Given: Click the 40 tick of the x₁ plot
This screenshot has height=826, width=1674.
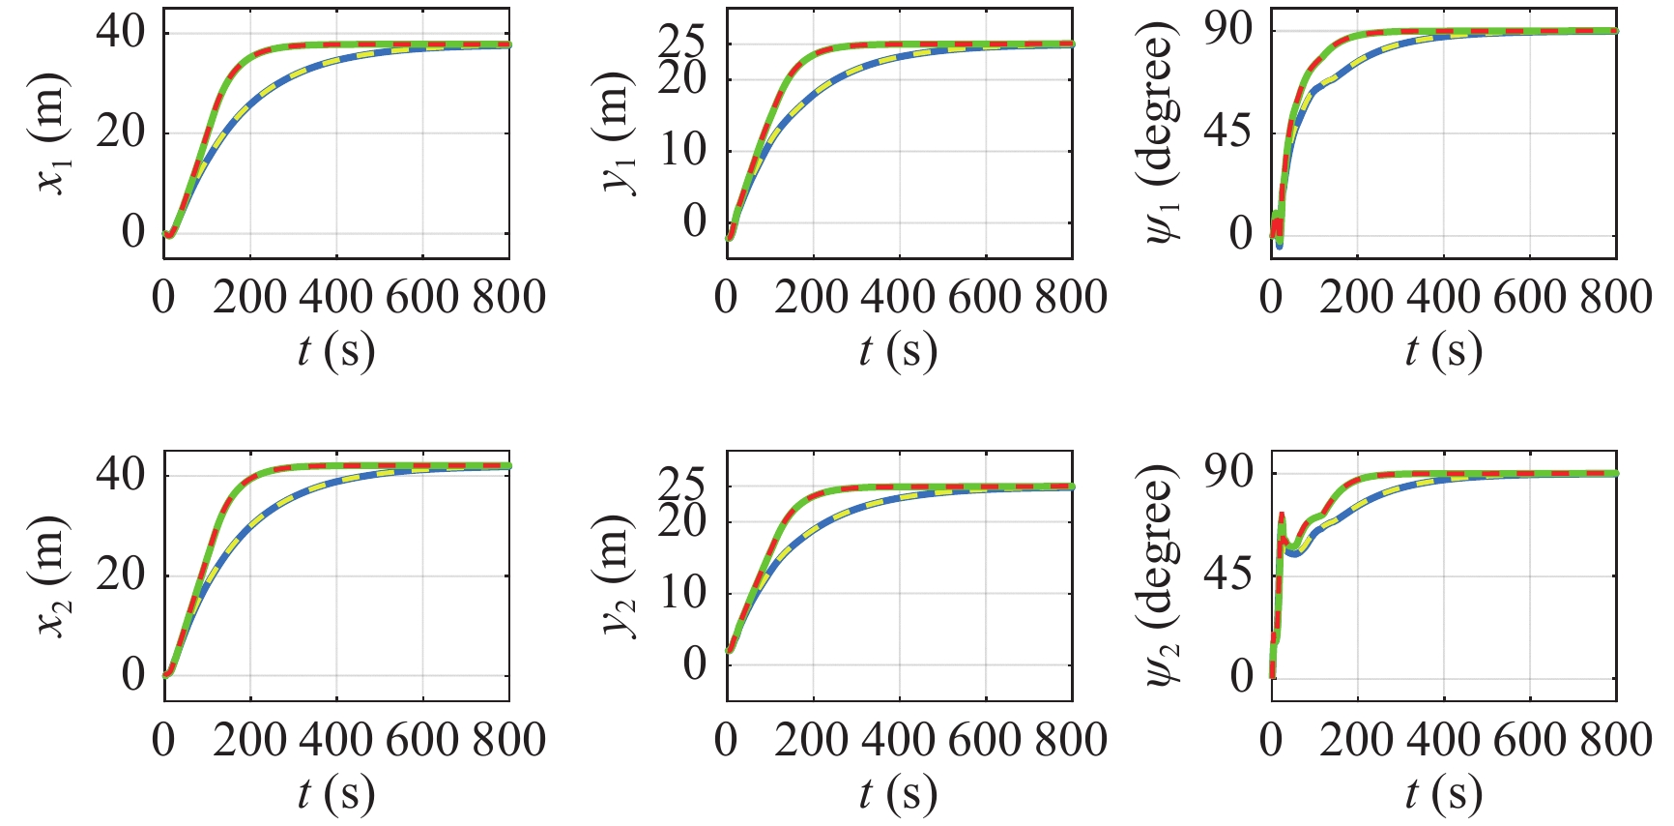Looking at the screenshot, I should (121, 33).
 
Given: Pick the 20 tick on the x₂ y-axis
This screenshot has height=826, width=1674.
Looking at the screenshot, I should (121, 575).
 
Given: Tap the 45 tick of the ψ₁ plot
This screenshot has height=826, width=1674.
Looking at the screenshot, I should (1228, 132).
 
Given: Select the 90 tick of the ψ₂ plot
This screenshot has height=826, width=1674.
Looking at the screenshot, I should (1228, 473).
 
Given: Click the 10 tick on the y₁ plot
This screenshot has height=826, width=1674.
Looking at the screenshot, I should (683, 151).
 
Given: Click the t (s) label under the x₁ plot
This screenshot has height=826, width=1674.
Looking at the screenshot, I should (335, 351).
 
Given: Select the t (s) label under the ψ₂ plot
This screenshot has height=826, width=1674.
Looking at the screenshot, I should (1443, 794).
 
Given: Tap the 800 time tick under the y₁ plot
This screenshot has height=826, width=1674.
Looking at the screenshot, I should (1071, 297).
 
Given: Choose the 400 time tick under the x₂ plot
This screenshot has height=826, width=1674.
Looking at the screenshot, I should (335, 740).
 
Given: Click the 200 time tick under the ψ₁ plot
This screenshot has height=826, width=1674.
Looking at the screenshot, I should (1356, 297).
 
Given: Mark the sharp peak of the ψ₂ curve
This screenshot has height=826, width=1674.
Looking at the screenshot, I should (1282, 516).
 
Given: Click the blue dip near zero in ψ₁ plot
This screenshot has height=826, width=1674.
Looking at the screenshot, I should (1279, 245).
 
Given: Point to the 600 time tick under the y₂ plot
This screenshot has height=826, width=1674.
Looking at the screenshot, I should (985, 740).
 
